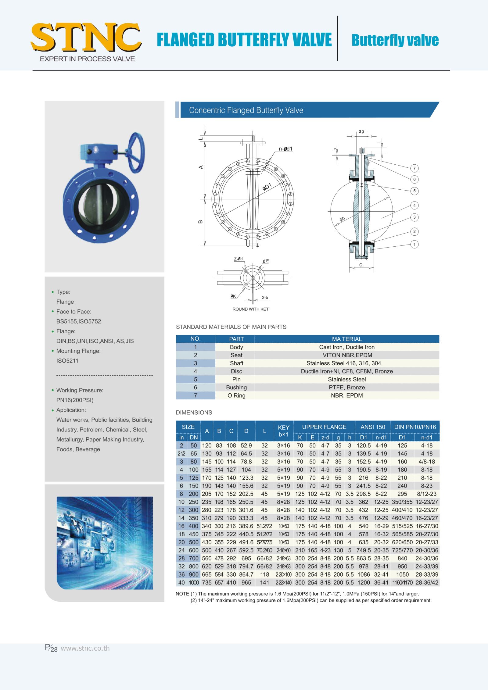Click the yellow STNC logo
coord(86,37)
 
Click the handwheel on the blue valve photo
coord(136,152)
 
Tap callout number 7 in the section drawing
coord(414,168)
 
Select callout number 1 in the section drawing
coord(414,244)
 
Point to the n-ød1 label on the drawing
coord(285,149)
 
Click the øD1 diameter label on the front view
coord(267,187)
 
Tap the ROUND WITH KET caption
coord(250,309)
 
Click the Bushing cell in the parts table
coord(236,387)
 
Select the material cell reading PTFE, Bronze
coord(347,387)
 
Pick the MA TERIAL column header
coord(347,339)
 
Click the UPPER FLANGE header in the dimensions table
coord(324,427)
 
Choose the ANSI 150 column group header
coord(372,427)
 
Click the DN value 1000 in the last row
coord(194,583)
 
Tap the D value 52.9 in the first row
coord(246,445)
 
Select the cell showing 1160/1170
coord(402,583)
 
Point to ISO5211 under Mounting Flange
coord(67,361)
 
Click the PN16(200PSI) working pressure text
coord(75,400)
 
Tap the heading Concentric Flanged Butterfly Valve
coord(246,110)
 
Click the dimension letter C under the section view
coord(361,265)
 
